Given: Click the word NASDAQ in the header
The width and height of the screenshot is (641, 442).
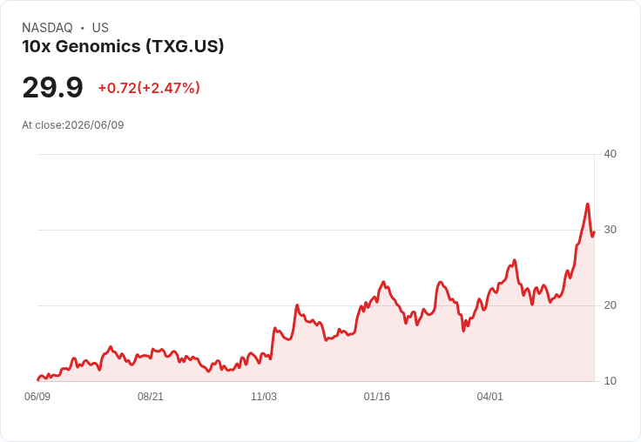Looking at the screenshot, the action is (x=47, y=28).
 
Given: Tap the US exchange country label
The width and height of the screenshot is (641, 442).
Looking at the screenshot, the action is (x=100, y=28).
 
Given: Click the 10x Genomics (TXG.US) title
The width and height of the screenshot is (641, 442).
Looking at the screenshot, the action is (x=123, y=46).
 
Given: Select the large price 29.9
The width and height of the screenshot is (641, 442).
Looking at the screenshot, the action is (x=53, y=87).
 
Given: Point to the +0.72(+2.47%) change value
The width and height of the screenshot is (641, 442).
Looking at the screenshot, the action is (x=149, y=88).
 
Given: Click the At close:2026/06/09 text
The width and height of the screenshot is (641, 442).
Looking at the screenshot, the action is (x=73, y=125).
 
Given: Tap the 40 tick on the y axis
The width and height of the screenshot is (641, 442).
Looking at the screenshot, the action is (x=610, y=154).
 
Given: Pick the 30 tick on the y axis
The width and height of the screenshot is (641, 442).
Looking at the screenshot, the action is (x=610, y=230).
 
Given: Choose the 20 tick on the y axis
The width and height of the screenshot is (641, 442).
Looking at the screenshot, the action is (x=610, y=305).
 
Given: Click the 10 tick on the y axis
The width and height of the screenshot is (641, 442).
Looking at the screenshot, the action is (x=610, y=381).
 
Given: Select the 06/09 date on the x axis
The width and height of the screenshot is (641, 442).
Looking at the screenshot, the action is (x=37, y=396).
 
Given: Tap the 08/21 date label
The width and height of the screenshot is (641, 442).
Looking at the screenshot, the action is (x=151, y=396).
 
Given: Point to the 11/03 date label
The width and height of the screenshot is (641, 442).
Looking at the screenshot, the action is (x=264, y=396).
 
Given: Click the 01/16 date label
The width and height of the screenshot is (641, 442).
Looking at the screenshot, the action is (x=377, y=396).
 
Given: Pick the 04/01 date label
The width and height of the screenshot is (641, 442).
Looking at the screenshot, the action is (x=489, y=396).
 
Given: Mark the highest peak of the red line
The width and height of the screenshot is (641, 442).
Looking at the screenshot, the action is (x=588, y=204).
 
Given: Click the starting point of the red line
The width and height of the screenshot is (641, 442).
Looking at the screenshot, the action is (x=38, y=379).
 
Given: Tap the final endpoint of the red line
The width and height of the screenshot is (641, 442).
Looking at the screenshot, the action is (x=594, y=232).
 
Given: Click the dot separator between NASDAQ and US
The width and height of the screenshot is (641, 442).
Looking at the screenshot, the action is (x=82, y=28).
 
